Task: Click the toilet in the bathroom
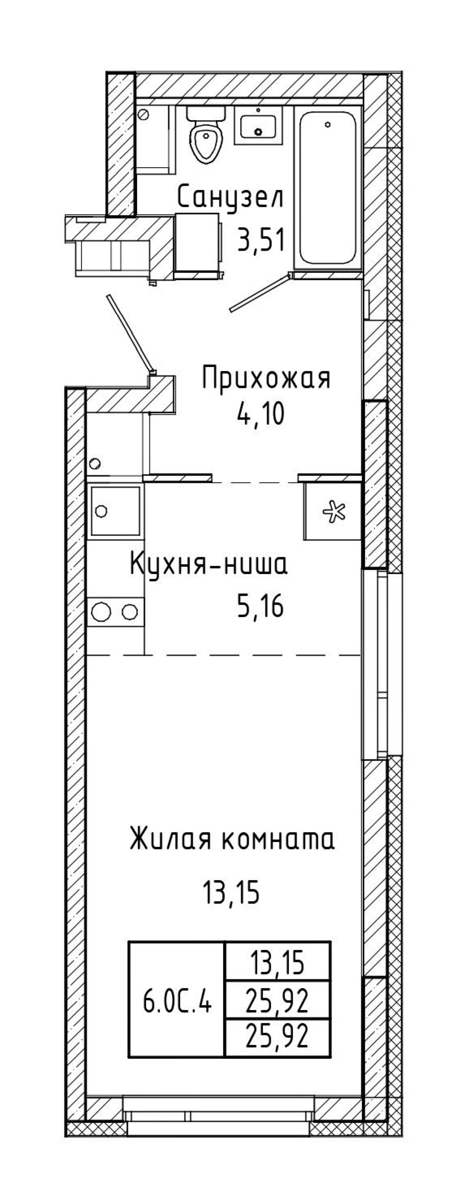(x=206, y=134)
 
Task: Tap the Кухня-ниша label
(x=209, y=564)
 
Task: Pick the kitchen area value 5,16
(x=260, y=607)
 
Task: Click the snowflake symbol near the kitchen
(x=333, y=512)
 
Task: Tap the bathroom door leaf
(x=260, y=292)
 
